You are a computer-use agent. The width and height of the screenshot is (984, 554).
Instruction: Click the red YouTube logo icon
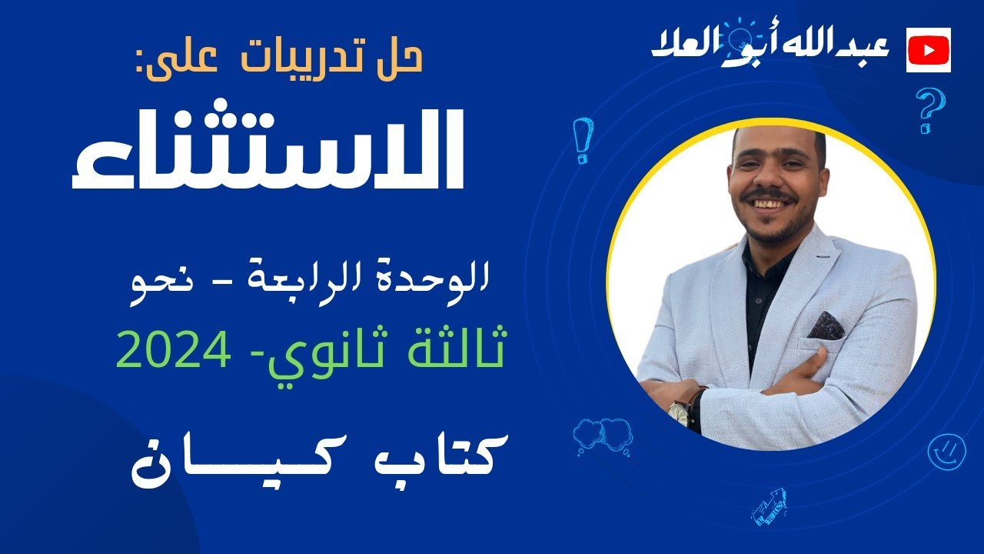point(929,50)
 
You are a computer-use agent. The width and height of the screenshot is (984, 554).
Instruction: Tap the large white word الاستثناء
point(269,150)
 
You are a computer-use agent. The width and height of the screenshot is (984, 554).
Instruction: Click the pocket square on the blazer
point(825,325)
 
